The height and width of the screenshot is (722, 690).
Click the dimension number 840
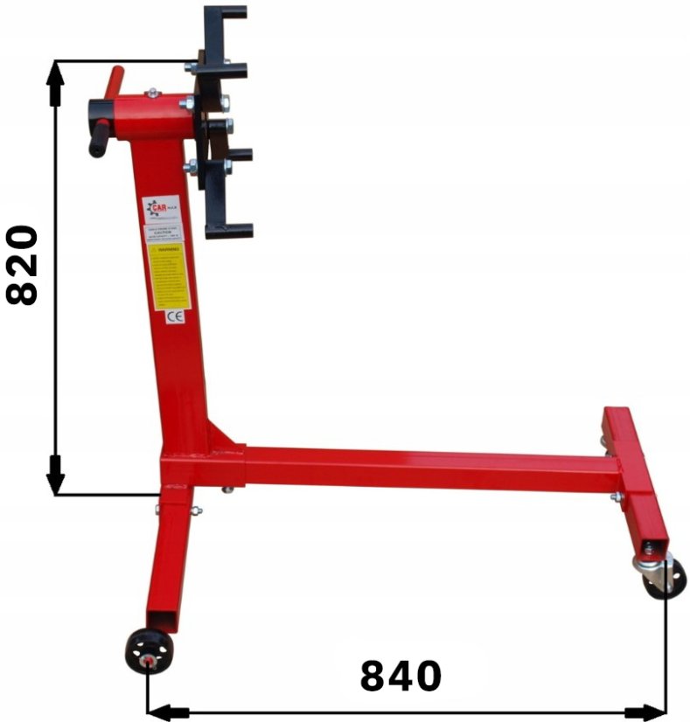pos(401,676)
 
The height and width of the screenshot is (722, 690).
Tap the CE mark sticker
pos(173,317)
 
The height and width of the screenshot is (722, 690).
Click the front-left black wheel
pos(149,651)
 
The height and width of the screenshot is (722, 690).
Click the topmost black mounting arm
pos(225,13)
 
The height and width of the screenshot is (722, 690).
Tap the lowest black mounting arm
pos(230,231)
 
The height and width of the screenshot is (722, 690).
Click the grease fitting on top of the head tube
pos(153,92)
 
